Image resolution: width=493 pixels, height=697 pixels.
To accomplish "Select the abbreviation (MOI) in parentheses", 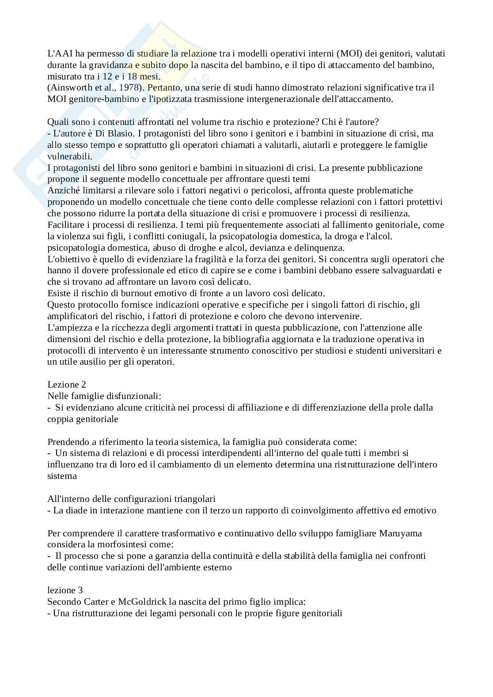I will point(350,54).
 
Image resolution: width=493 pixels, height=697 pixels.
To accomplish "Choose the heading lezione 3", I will point(65,590).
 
